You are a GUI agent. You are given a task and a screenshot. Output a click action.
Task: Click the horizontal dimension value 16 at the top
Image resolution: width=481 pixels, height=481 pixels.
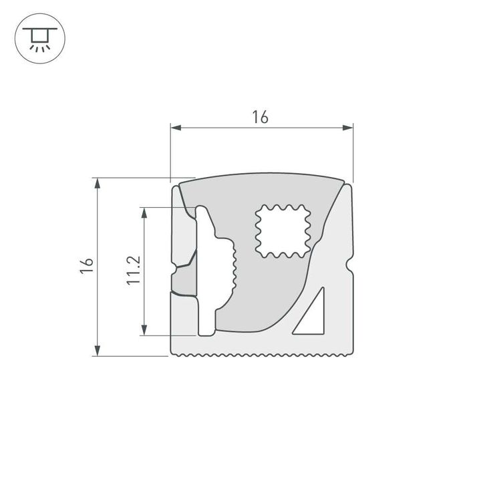(x=260, y=117)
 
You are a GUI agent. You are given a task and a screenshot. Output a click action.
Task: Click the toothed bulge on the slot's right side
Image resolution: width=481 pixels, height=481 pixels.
(x=231, y=267)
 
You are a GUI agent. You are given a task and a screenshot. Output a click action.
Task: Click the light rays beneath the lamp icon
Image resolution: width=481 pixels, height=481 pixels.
(x=39, y=47)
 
